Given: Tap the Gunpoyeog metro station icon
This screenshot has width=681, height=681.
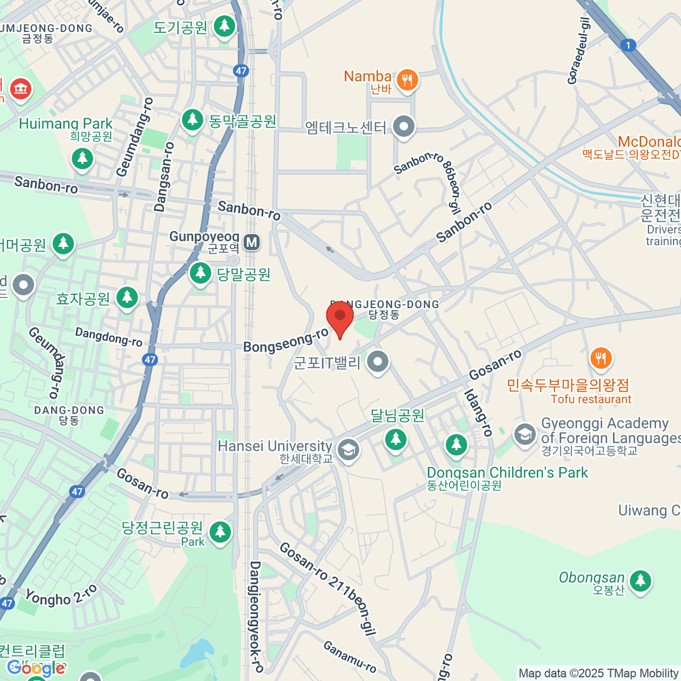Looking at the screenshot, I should pyautogui.click(x=252, y=243).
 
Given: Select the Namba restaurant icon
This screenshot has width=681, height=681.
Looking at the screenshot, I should pyautogui.click(x=407, y=80).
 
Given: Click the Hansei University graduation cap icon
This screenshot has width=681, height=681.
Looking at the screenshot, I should pyautogui.click(x=348, y=450).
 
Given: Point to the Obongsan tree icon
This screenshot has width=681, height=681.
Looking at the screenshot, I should pyautogui.click(x=641, y=581).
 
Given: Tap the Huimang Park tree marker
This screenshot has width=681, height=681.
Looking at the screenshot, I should pyautogui.click(x=83, y=158).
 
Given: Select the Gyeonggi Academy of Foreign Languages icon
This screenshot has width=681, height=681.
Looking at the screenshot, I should pyautogui.click(x=524, y=435).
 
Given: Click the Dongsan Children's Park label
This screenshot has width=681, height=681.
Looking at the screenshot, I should pyautogui.click(x=507, y=473).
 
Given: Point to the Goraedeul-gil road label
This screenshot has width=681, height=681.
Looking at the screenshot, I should pyautogui.click(x=579, y=51).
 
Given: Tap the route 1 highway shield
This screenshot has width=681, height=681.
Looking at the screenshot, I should pyautogui.click(x=628, y=45).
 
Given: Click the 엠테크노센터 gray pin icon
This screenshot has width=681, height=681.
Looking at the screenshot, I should pyautogui.click(x=404, y=127).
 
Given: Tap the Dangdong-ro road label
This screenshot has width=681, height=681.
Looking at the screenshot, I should pyautogui.click(x=108, y=337).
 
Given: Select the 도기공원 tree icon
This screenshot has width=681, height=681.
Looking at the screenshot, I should pyautogui.click(x=225, y=26).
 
